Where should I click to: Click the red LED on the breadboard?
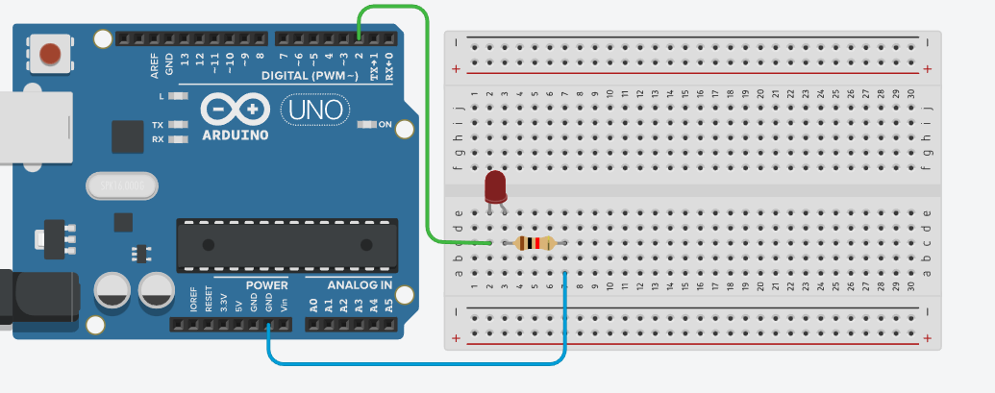(x=495, y=184)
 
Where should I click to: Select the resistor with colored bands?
(x=535, y=243)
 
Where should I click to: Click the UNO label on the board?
(x=313, y=111)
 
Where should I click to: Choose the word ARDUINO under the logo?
(x=236, y=135)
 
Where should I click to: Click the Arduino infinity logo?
(x=236, y=110)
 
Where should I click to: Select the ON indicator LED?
(x=366, y=125)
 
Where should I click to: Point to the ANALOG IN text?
(x=360, y=285)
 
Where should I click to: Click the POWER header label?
(x=266, y=285)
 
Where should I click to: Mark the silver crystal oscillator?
(x=119, y=184)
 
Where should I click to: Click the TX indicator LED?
(x=176, y=125)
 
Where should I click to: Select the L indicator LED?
(x=176, y=97)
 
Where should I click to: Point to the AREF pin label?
(x=155, y=63)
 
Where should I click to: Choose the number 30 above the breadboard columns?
(x=909, y=92)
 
